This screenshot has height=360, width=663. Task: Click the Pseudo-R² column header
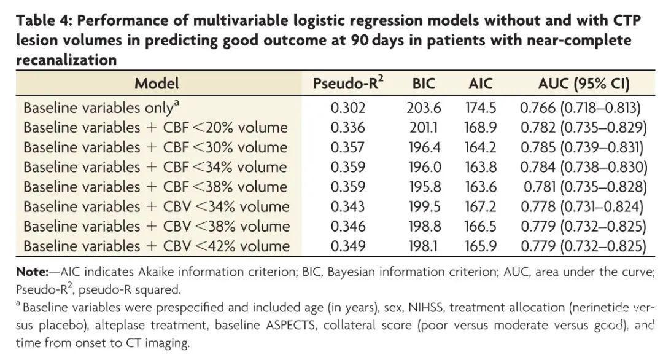[348, 84]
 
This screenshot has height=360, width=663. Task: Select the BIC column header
[424, 84]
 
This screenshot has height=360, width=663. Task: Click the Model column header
[157, 84]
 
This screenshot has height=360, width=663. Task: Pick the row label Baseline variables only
[101, 108]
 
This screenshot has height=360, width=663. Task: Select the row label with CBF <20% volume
[155, 128]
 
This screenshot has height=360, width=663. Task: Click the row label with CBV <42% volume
[157, 246]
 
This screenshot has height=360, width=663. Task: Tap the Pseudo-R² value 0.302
[348, 108]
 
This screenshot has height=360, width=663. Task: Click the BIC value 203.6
[424, 108]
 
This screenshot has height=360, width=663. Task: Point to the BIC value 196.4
[424, 147]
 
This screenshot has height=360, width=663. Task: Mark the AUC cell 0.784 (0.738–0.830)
[583, 167]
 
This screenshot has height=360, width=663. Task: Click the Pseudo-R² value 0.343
[348, 207]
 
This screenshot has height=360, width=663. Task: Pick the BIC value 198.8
[424, 227]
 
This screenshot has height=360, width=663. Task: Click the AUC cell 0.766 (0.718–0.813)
[581, 108]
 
